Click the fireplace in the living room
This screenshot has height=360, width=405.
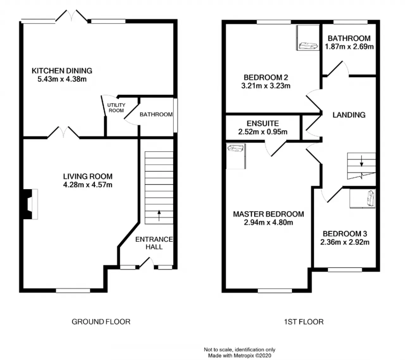(30, 204)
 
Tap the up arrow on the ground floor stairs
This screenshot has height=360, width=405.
(159, 216)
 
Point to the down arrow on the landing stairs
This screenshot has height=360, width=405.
(361, 161)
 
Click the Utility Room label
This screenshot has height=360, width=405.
(116, 107)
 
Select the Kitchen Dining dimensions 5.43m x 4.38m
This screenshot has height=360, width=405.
(62, 79)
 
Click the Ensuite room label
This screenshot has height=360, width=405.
(263, 123)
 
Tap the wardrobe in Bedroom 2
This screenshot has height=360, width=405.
(308, 38)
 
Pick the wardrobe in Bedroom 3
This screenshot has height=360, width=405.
(362, 198)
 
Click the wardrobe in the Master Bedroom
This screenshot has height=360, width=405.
(236, 156)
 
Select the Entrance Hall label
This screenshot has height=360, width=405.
(154, 243)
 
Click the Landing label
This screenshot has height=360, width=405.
(349, 115)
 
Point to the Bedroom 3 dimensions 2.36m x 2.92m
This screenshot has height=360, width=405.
(345, 242)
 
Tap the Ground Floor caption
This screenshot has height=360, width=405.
(101, 322)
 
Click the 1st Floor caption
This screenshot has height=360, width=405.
(304, 322)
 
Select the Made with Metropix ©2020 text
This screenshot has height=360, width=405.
(240, 356)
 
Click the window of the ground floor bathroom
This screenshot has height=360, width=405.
(175, 115)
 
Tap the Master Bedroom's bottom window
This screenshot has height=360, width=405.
(275, 290)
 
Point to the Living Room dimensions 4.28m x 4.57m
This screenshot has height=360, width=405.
(88, 185)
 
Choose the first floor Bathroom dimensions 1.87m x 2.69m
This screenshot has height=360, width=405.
(349, 47)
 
